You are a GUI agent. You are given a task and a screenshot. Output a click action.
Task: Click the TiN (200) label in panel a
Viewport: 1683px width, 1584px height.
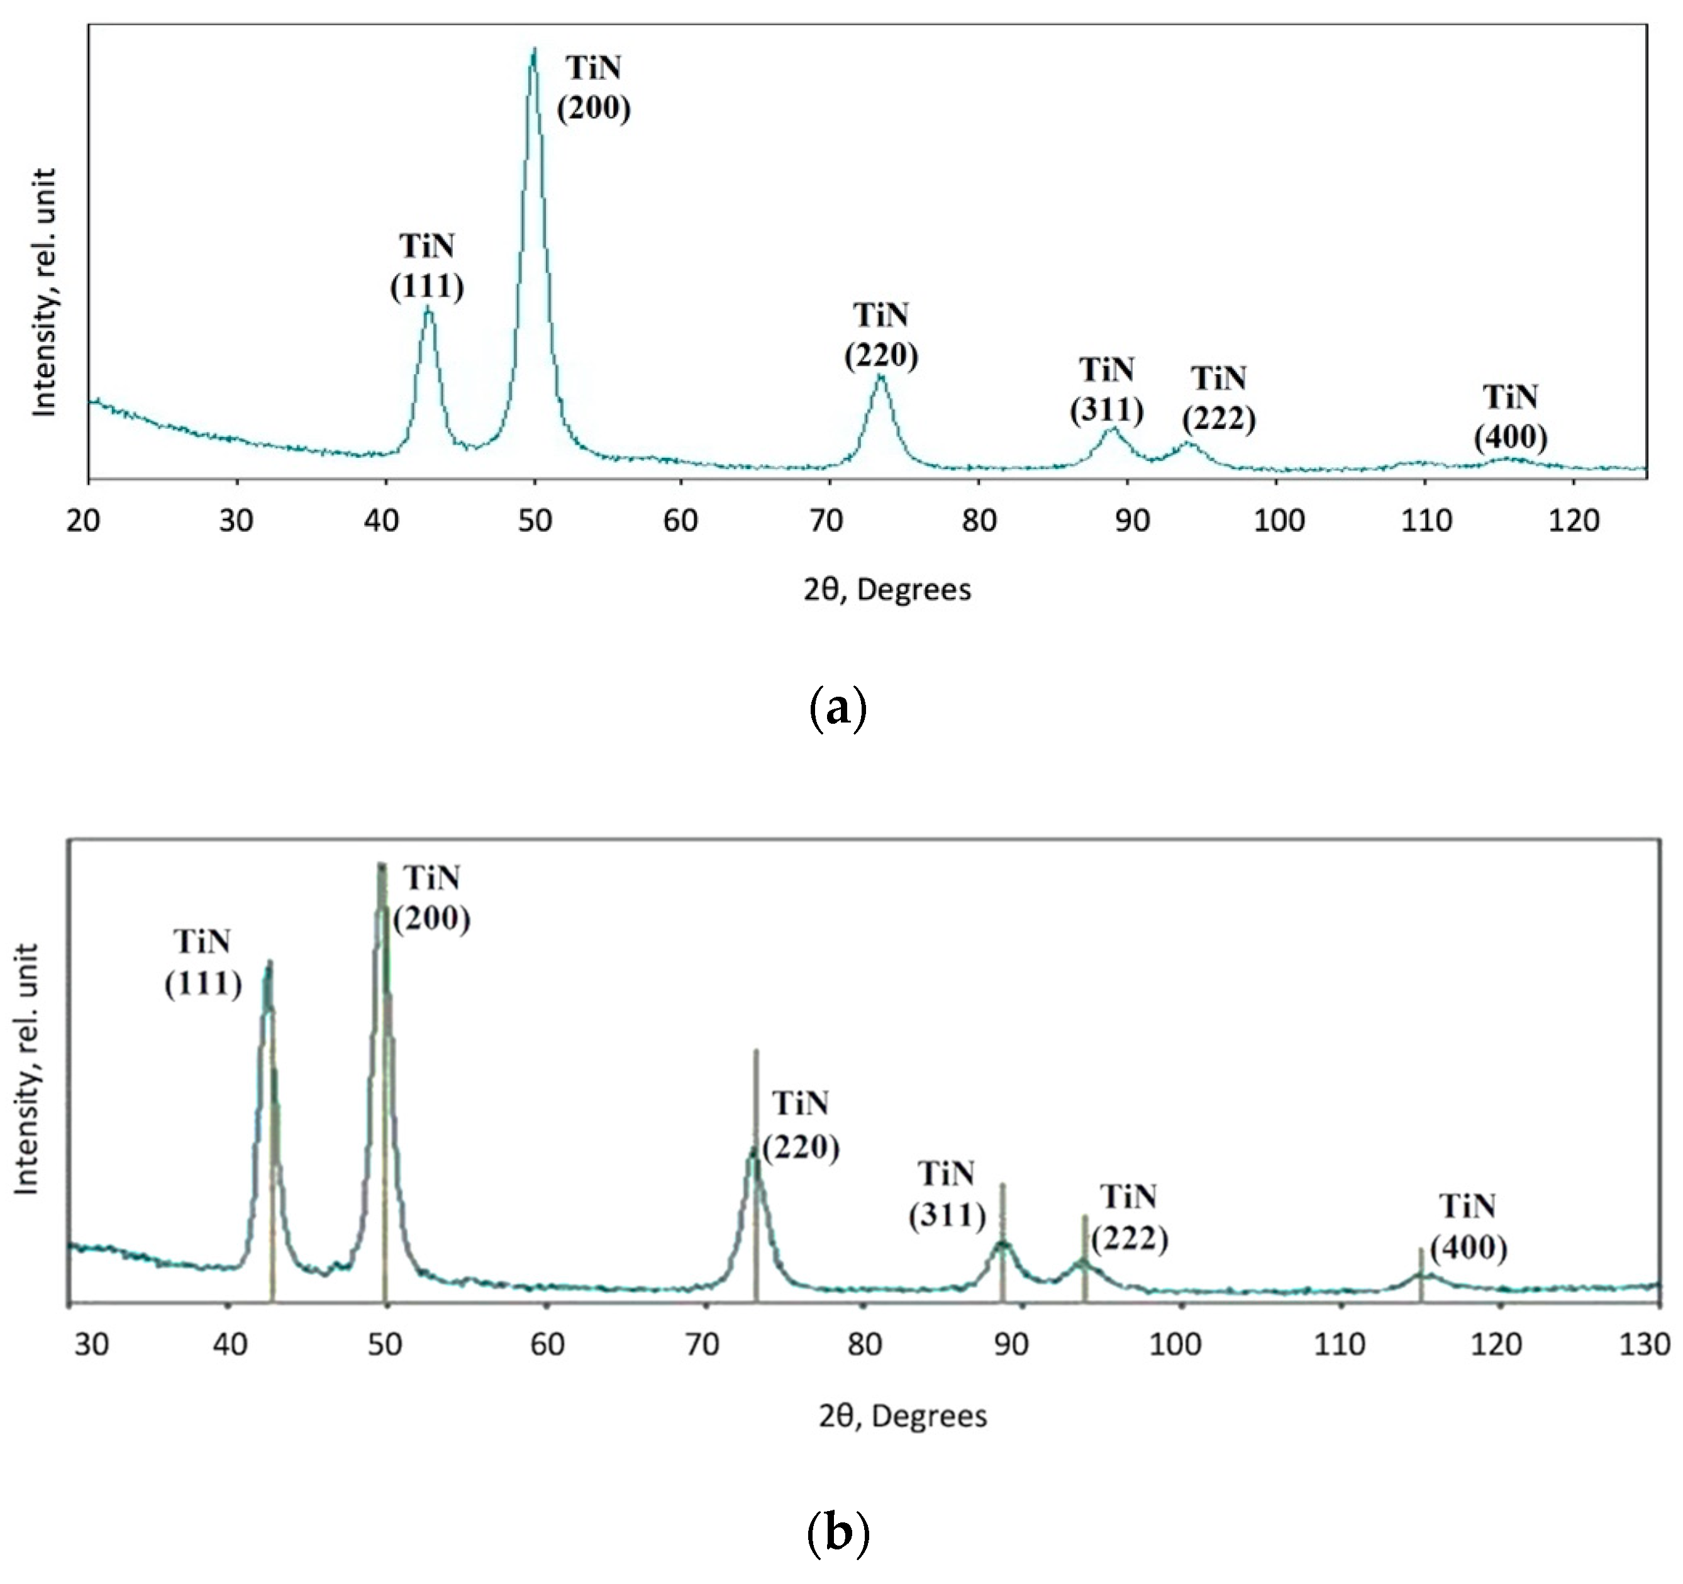pos(594,88)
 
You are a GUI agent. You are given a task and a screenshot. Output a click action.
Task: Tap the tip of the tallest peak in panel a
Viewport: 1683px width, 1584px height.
pos(533,49)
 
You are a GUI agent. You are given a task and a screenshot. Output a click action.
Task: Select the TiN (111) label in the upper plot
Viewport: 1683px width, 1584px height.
pos(426,267)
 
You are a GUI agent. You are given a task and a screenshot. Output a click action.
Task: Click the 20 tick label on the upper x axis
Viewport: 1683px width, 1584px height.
pos(83,521)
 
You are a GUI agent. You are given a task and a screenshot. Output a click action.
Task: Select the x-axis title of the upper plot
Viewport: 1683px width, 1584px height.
pos(887,589)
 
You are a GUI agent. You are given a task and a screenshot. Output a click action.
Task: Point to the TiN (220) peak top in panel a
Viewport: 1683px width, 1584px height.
pos(880,374)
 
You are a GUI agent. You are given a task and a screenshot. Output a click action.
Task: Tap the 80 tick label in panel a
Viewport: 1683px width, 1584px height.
pos(979,521)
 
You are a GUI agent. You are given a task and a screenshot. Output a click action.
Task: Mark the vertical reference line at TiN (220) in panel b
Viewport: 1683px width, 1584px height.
pos(756,1100)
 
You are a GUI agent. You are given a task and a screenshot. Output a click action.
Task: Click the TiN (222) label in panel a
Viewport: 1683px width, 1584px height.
pos(1219,398)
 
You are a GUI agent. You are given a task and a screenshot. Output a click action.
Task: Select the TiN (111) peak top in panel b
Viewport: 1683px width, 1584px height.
pos(269,963)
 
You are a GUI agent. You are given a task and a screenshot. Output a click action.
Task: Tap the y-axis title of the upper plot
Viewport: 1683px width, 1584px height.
pos(43,292)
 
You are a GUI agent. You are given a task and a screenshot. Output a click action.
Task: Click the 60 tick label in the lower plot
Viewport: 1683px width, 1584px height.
pos(548,1344)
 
